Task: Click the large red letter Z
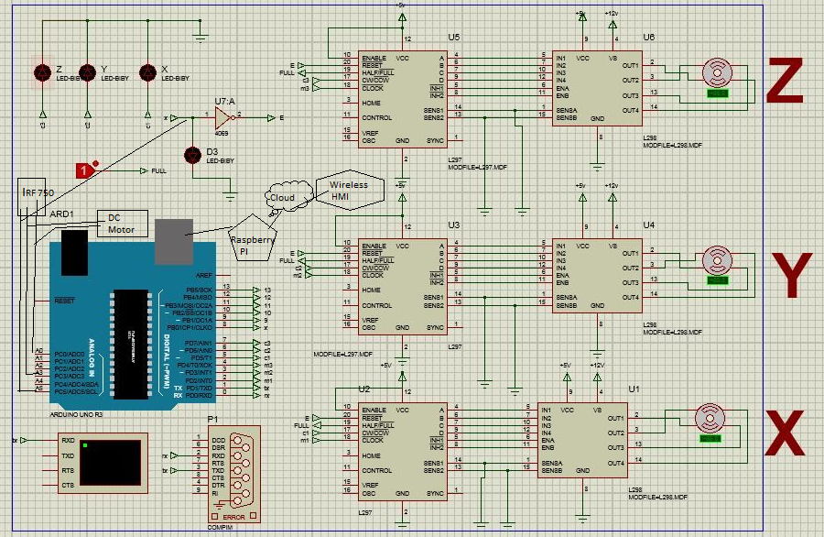pos(786,82)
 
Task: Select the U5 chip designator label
pos(454,37)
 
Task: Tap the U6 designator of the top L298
pos(648,37)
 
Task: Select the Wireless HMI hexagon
pos(348,191)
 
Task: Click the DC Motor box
pos(121,223)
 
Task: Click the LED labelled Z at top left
pos(42,72)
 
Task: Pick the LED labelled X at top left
pos(146,72)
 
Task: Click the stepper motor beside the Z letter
pos(716,72)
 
